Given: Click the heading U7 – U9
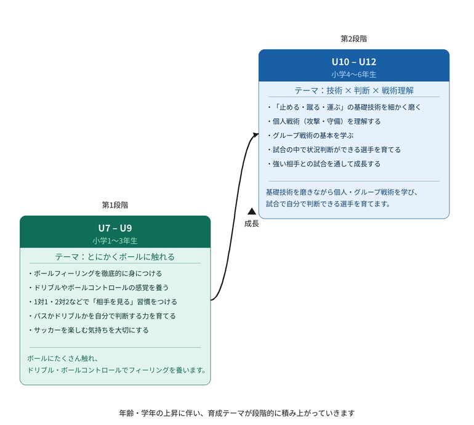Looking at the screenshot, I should coord(115,228).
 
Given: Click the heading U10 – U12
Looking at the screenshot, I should coord(354,62).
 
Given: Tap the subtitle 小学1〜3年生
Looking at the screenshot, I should coord(115,241).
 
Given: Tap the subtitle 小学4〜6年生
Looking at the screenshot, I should coord(354,75).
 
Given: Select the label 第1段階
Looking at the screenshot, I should coord(115,204).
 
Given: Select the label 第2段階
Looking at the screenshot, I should coord(354,38).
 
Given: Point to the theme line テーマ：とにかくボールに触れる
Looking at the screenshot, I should coord(115,257).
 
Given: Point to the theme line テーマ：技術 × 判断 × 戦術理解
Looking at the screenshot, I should coord(354,91).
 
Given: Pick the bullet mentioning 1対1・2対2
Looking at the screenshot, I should coord(103,302).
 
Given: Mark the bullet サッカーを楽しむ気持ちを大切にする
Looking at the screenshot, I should coord(89,330).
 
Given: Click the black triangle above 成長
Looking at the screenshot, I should coord(251,211).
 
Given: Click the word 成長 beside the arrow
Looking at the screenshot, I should coord(251,224).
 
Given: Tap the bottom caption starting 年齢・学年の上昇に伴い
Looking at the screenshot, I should coord(237,413).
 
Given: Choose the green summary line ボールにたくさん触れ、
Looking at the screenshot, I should coord(63,358).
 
